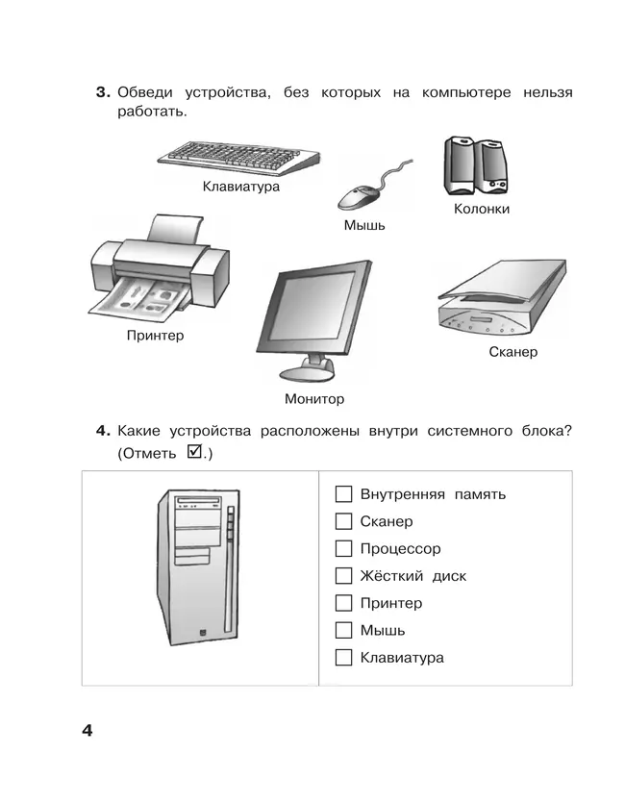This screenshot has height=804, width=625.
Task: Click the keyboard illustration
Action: (x=240, y=156)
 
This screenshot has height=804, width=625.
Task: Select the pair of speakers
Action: (x=476, y=165)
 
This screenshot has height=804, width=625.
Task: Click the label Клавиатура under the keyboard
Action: (x=241, y=187)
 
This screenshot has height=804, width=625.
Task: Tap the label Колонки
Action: (x=481, y=209)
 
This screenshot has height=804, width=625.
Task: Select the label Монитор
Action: (x=313, y=398)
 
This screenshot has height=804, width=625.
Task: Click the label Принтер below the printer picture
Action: (x=155, y=336)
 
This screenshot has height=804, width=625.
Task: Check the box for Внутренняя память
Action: (x=343, y=494)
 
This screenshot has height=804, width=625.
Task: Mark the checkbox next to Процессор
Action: (x=343, y=549)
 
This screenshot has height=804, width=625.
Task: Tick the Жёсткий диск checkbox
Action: (x=343, y=576)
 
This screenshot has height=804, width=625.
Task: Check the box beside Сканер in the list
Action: (x=343, y=521)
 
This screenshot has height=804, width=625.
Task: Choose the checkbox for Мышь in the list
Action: (x=343, y=631)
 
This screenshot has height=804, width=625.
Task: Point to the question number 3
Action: (x=101, y=93)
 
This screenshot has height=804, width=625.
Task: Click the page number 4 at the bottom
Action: (x=87, y=732)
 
